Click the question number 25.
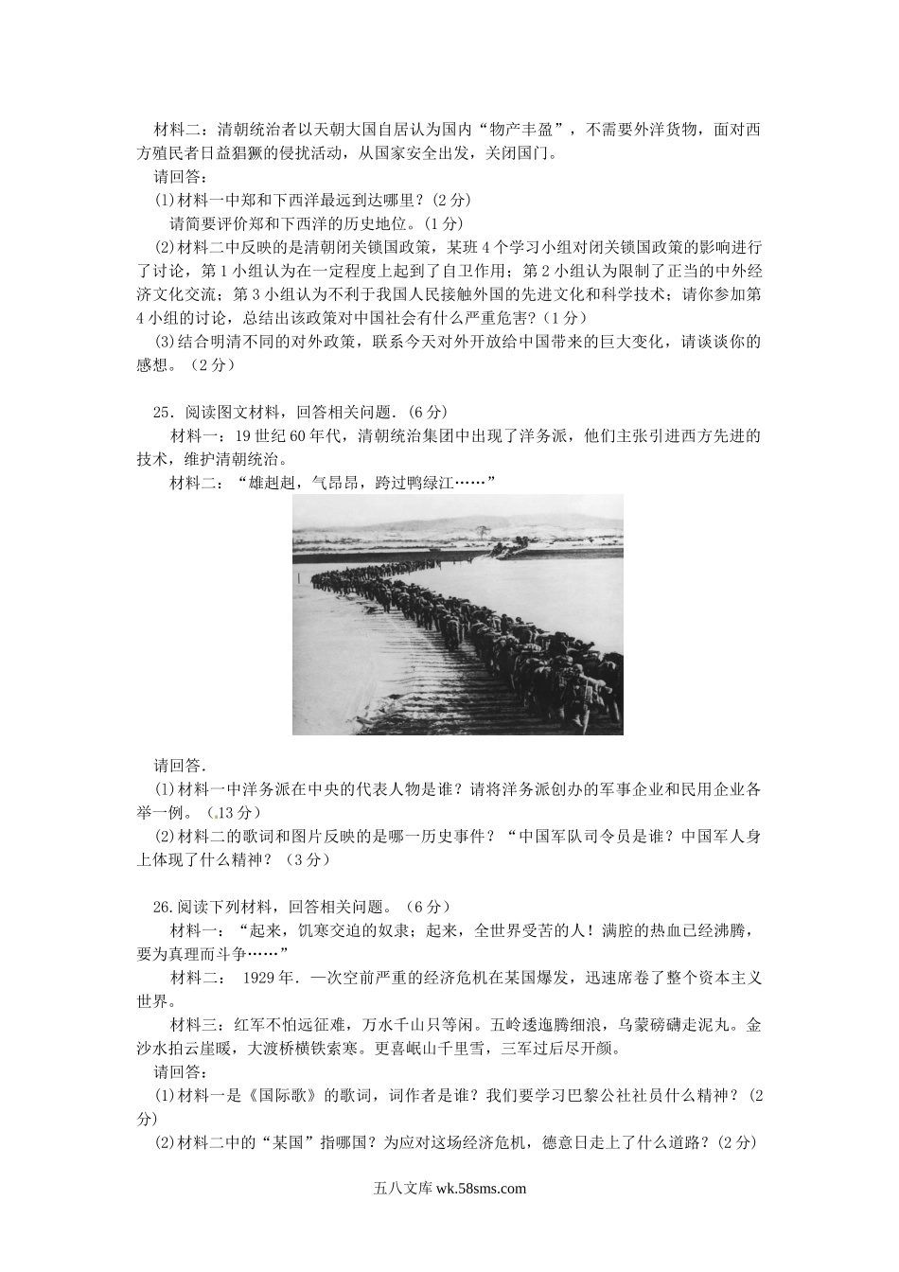(x=162, y=413)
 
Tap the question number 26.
(x=162, y=906)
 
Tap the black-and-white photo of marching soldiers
(x=458, y=613)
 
